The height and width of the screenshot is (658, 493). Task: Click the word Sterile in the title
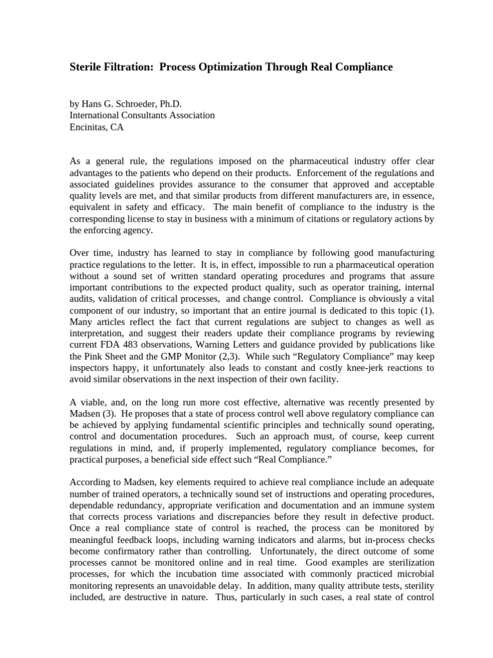pyautogui.click(x=87, y=67)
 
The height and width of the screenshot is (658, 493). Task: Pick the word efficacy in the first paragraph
pyautogui.click(x=189, y=207)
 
